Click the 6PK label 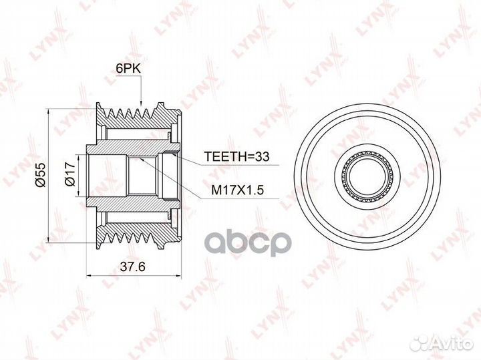coord(128,69)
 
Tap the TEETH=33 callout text coord(236,156)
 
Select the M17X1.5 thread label coord(237,190)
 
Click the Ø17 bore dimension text coord(70,174)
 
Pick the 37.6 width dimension coord(132,266)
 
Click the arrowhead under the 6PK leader coord(141,104)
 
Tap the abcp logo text coord(247,244)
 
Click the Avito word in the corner coord(453,343)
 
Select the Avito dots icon coord(420,343)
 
